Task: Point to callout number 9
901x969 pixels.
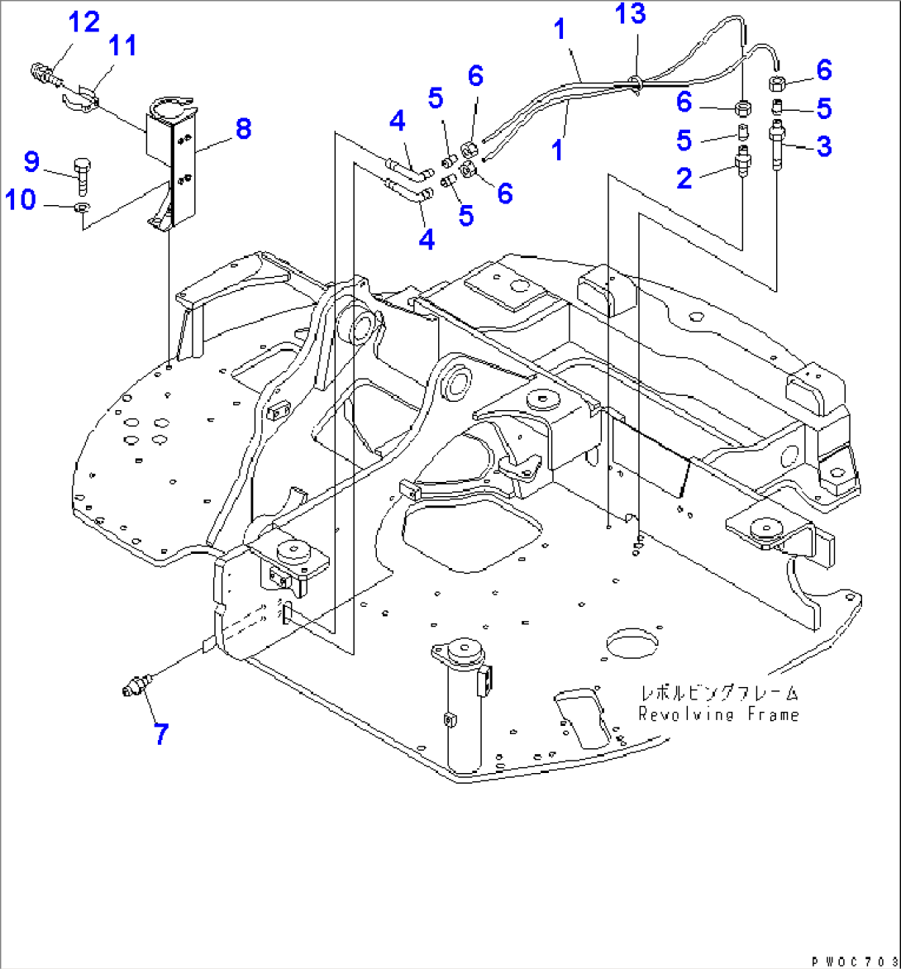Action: click(x=32, y=160)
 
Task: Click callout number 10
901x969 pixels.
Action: click(x=22, y=199)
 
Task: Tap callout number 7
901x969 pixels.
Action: click(x=160, y=733)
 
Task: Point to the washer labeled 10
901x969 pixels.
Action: click(x=81, y=208)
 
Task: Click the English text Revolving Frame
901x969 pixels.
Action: click(x=717, y=714)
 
